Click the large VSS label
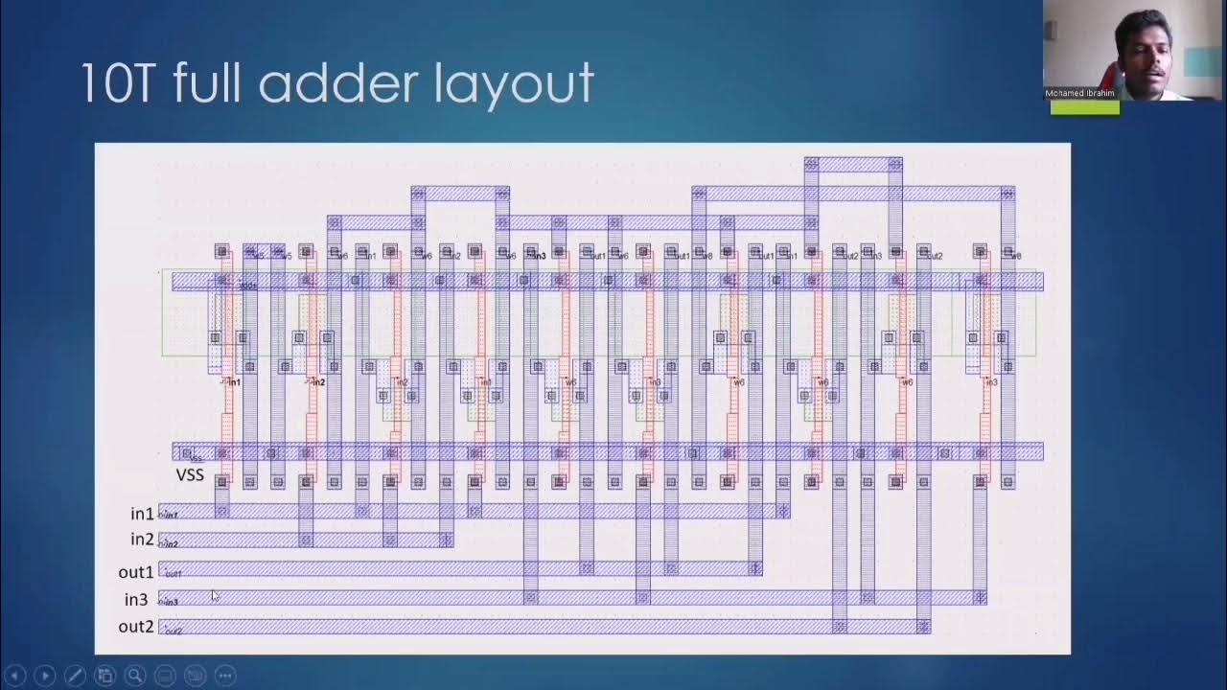(190, 474)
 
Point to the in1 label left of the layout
(142, 514)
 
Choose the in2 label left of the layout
(142, 540)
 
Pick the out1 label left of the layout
(136, 572)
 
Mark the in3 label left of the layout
(136, 600)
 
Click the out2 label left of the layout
(136, 627)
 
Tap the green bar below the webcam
(1084, 108)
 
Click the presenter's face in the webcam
(1144, 62)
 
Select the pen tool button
(75, 676)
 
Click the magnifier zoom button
(135, 676)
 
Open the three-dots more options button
(224, 676)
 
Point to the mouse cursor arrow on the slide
(215, 595)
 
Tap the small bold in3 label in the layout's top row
(538, 256)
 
